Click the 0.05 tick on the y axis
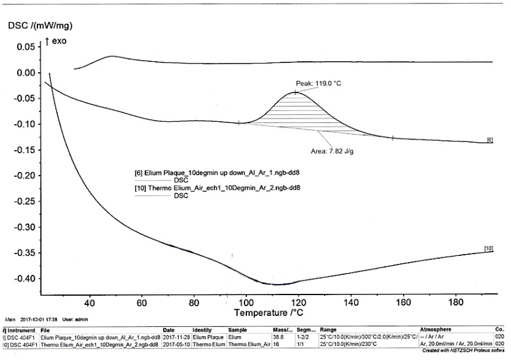click(x=26, y=47)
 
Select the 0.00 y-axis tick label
click(x=26, y=73)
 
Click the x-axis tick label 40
click(x=89, y=302)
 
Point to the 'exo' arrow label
click(x=59, y=42)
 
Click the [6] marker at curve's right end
click(x=489, y=140)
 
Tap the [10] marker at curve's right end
click(x=488, y=248)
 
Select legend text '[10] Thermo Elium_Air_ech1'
click(x=217, y=188)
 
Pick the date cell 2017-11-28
click(x=176, y=337)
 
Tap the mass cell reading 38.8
click(x=277, y=337)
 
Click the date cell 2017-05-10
click(x=176, y=344)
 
